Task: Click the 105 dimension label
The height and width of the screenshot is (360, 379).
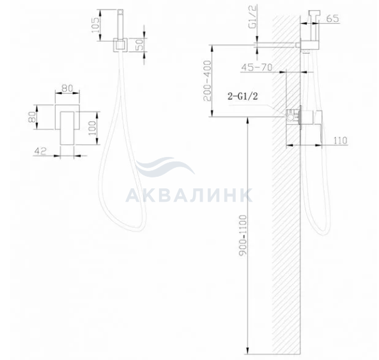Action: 96,25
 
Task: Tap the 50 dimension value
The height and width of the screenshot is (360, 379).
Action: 140,45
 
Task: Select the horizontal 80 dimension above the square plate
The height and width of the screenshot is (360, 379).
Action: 67,88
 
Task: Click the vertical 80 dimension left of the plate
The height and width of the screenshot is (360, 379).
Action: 32,117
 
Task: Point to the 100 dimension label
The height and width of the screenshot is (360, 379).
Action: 92,128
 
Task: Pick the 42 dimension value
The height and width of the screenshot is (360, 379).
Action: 40,151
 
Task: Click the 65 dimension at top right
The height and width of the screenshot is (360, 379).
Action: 332,19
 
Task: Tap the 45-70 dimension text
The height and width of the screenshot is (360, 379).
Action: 257,67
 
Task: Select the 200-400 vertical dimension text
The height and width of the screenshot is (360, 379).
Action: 207,81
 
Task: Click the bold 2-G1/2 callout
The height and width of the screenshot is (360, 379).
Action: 243,97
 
